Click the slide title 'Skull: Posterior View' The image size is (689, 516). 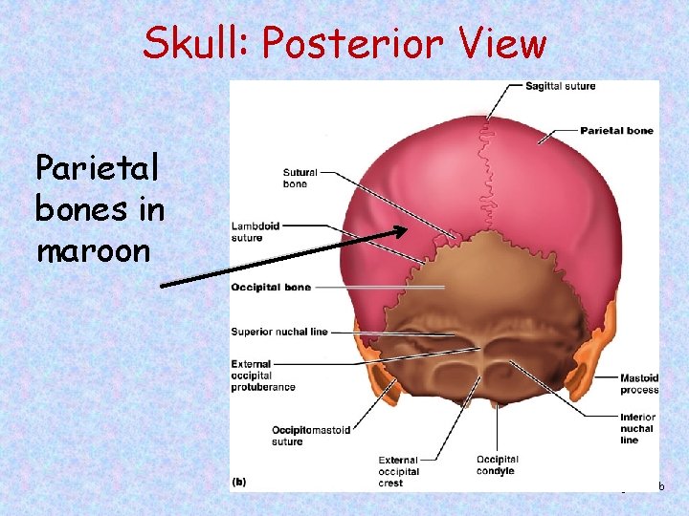[x=344, y=43]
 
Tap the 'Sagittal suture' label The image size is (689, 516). [x=560, y=86]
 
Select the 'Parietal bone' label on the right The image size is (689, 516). [x=616, y=130]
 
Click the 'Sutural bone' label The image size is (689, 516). [x=300, y=179]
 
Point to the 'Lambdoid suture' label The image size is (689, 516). [x=256, y=232]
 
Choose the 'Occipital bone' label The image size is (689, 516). [x=271, y=288]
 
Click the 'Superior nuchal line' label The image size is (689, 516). [x=279, y=333]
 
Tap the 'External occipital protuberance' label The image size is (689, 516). [x=263, y=376]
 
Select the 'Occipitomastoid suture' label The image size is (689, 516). [x=312, y=436]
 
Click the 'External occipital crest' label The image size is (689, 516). [x=398, y=471]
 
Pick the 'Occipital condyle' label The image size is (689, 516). [x=498, y=465]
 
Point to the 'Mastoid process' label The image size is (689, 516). [x=639, y=384]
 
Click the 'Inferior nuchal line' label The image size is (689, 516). [x=638, y=428]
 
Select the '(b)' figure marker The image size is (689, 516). [x=238, y=482]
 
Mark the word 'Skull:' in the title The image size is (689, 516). [x=196, y=43]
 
